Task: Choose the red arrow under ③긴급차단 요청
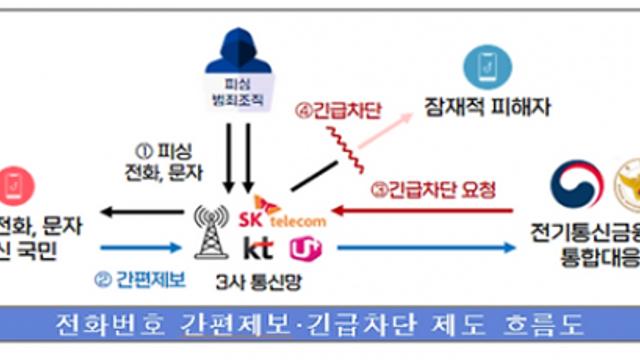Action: click(x=435, y=210)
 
